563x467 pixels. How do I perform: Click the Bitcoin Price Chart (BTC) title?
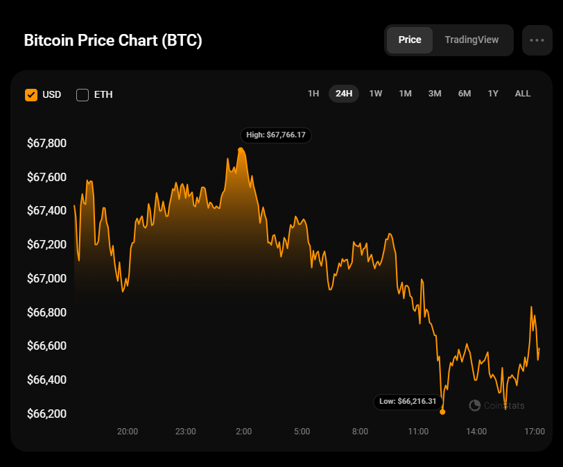pos(113,40)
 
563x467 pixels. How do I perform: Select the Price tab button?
pos(409,40)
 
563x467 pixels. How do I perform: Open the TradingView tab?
pos(471,40)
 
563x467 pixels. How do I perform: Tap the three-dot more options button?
pos(537,40)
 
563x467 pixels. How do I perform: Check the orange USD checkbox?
pos(31,94)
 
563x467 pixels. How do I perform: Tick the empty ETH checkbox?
pos(83,94)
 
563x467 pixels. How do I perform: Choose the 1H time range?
pos(313,94)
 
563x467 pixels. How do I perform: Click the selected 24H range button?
pos(344,94)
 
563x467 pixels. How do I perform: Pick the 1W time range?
pos(376,94)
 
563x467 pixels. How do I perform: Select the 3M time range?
pos(435,94)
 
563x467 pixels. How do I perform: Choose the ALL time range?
pos(523,94)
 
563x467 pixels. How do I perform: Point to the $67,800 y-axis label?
pos(46,144)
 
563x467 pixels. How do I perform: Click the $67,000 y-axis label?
pos(46,278)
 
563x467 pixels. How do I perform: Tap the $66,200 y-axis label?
pos(46,414)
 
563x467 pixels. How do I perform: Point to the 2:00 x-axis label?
pos(243,432)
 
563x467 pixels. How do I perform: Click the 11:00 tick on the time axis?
pos(418,432)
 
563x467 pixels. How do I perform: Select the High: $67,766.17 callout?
pos(276,135)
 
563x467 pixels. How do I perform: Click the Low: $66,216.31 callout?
pos(408,401)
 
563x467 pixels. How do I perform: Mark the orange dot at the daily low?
pos(442,411)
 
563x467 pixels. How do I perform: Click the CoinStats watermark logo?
pos(475,405)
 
